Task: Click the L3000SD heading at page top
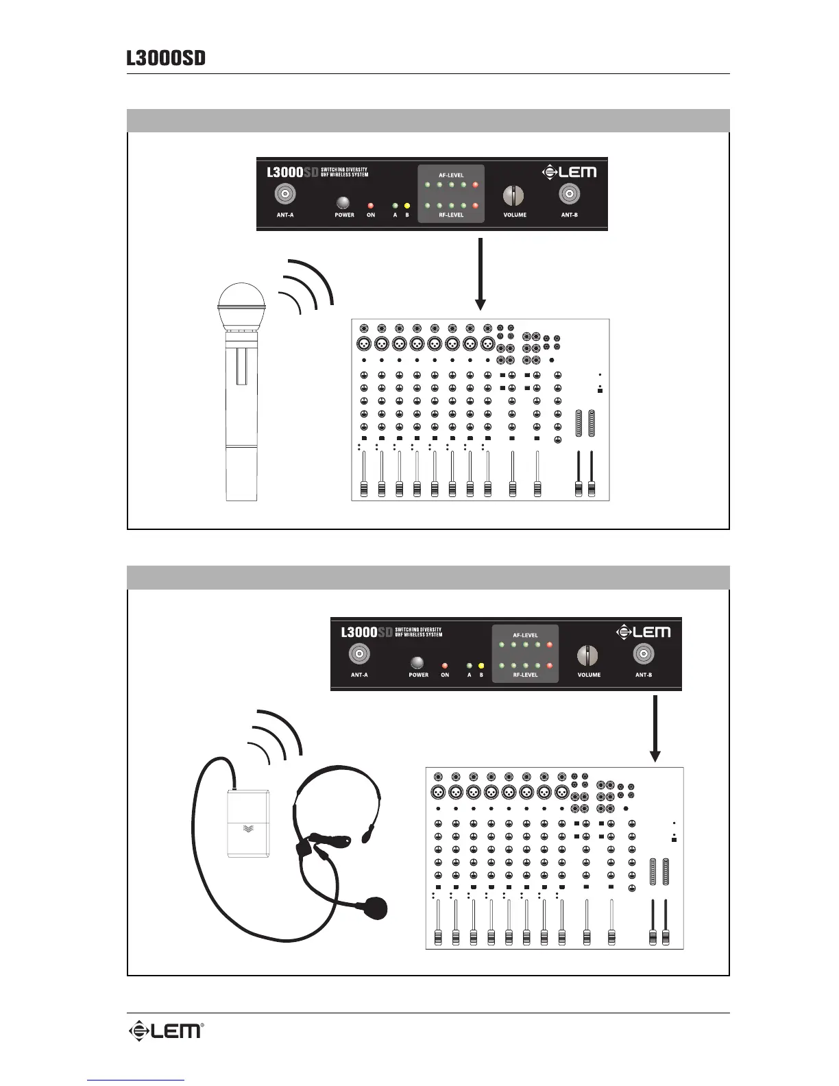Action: point(166,58)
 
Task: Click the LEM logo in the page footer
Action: point(166,1030)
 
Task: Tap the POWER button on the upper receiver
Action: point(342,203)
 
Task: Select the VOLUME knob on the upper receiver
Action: point(513,195)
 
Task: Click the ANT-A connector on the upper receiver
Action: point(284,194)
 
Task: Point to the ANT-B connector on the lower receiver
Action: point(643,655)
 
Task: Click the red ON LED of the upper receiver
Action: point(371,205)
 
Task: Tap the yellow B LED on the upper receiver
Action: point(407,205)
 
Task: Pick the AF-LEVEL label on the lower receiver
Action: point(525,635)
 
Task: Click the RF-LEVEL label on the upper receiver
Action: point(451,215)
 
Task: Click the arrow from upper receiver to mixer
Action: point(481,274)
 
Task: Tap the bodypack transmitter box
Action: point(248,823)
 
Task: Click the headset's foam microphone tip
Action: point(376,907)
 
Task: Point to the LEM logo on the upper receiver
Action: point(569,172)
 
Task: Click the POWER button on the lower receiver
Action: point(416,663)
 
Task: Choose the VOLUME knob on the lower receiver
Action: point(587,656)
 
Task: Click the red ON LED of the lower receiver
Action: point(445,665)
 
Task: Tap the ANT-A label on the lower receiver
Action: point(359,675)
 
